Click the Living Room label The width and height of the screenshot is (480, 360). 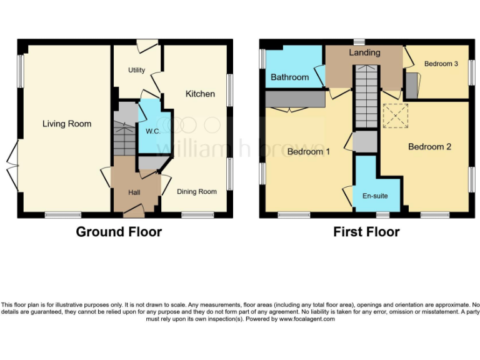[67, 124]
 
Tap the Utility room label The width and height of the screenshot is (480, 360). [136, 70]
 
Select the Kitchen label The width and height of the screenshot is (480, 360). [200, 94]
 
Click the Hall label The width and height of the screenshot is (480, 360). [134, 192]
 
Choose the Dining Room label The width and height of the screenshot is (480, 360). [196, 192]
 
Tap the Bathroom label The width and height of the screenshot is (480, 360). [289, 77]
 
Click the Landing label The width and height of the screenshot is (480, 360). [364, 52]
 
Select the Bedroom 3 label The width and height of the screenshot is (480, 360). [441, 64]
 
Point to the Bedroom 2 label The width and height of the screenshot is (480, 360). [429, 147]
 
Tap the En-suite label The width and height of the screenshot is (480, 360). [375, 196]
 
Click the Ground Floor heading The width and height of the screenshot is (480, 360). [119, 232]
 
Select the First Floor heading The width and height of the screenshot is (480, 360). [366, 232]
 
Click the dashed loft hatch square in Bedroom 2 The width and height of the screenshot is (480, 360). [395, 116]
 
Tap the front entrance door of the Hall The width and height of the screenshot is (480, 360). [134, 211]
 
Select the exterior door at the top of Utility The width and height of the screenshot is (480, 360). [147, 44]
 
